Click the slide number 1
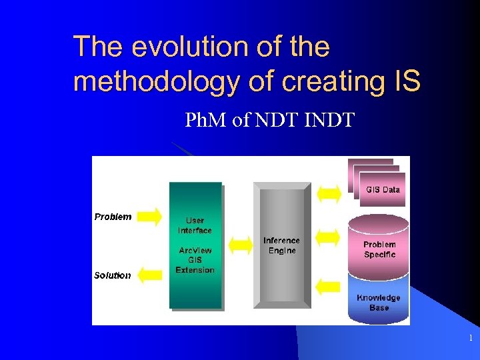470,339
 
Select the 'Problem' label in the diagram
113,217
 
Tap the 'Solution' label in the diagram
112,275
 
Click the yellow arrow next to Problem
150,216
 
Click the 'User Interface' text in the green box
195,225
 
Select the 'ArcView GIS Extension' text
195,260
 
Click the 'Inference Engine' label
281,245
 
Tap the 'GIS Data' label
383,189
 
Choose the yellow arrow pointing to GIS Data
328,193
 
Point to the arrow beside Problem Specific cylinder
328,237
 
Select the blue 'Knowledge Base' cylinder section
378,302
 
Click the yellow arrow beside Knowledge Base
328,287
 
